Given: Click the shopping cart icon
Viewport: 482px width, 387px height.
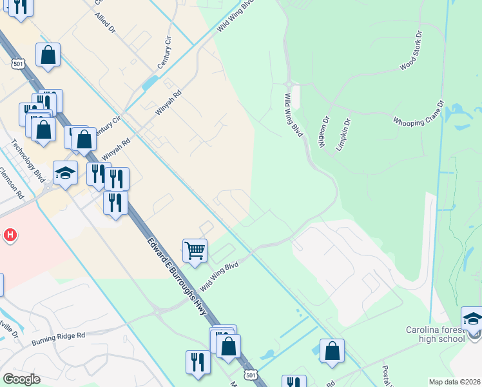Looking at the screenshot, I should (195, 249).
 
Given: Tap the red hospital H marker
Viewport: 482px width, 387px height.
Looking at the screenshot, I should (10, 235).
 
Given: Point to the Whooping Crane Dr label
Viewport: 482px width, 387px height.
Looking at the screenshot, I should (419, 113).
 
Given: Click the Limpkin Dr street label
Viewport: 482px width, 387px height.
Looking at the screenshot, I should (342, 134).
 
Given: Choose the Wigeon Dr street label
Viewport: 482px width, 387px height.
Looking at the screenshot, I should (323, 132).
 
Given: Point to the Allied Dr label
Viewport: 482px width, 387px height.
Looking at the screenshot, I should (104, 24).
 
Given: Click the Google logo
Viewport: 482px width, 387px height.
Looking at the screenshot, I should (21, 379).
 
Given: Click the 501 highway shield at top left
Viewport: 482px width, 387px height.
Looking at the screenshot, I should (17, 63).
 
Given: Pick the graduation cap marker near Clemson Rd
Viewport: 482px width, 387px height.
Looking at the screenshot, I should (65, 172).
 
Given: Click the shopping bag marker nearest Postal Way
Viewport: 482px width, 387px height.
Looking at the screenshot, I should (332, 350).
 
